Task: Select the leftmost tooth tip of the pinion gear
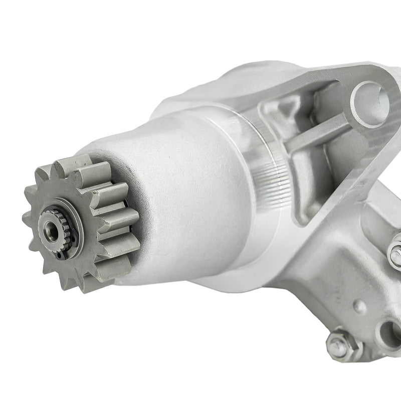[26, 219]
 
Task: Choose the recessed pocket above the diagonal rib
[296, 113]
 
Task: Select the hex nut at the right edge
[395, 253]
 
